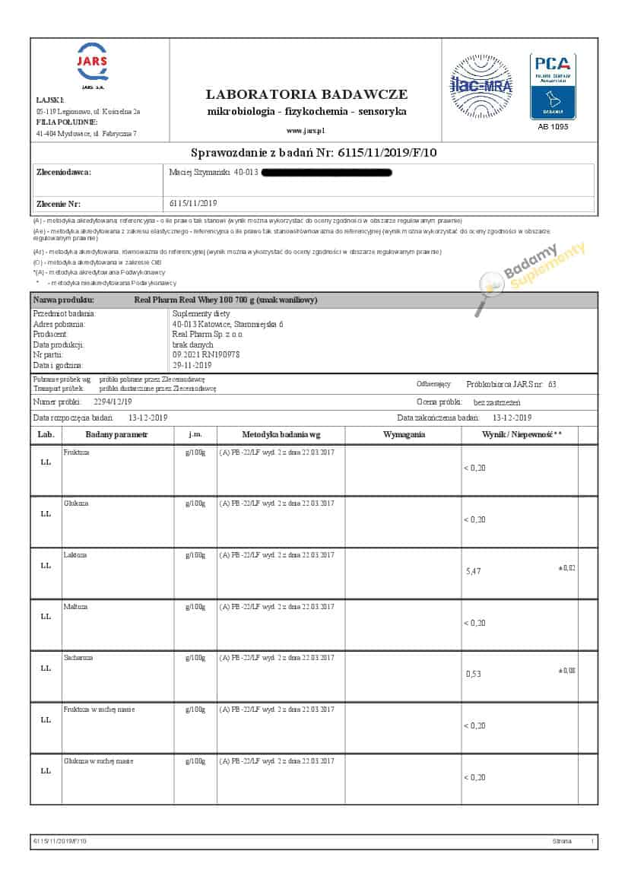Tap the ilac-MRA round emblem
pos(481,85)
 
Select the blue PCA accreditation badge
pos(553,86)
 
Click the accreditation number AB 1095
pos(553,126)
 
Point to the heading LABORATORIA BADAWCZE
pos(306,94)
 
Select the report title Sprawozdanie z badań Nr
pos(313,153)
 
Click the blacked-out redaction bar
pos(326,173)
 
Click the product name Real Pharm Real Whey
pos(225,300)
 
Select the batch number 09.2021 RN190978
pos(206,354)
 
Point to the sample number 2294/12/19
pos(113,402)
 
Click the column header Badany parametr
pos(116,435)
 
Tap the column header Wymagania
pos(404,435)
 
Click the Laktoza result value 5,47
pos(473,570)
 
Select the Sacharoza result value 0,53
pos(473,674)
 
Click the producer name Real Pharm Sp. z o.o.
pos(208,334)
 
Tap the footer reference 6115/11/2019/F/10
pos(60,842)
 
